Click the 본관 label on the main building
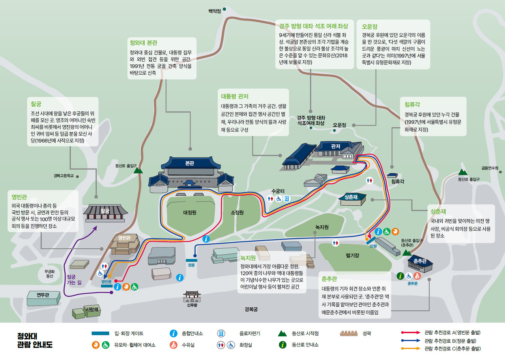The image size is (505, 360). coord(189,163)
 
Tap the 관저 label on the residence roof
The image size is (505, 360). coord(335,146)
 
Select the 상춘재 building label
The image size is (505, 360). coord(351,197)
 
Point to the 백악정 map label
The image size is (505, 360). coord(215,11)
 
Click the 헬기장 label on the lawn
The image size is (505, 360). coord(352,255)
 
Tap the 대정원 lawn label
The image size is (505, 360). coord(190,212)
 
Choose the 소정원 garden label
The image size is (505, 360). coord(237,212)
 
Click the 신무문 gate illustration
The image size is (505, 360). coord(192,296)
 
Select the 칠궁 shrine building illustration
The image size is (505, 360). coord(105,212)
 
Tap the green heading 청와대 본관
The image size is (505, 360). coord(143,43)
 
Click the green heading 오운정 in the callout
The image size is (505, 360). coord(370,26)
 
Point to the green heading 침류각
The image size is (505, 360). coord(412,104)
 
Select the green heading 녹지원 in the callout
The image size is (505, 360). coord(248,258)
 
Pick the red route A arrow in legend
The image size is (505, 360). coord(411,333)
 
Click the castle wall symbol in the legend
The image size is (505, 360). coord(348,333)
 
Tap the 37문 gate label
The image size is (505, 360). coord(373,246)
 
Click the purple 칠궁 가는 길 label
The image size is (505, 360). coord(74,279)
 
